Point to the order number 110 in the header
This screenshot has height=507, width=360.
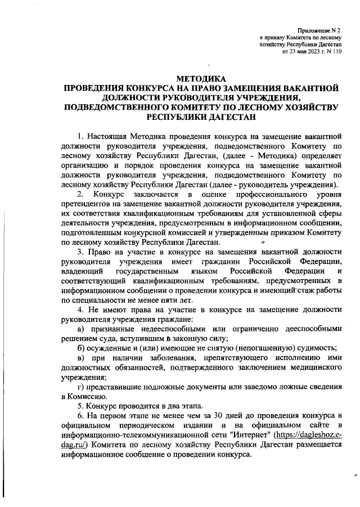336,51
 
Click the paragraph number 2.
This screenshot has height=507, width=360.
81,194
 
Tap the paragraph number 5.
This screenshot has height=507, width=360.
81,407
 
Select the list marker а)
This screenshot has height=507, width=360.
81,329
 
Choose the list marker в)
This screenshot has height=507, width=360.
81,358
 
